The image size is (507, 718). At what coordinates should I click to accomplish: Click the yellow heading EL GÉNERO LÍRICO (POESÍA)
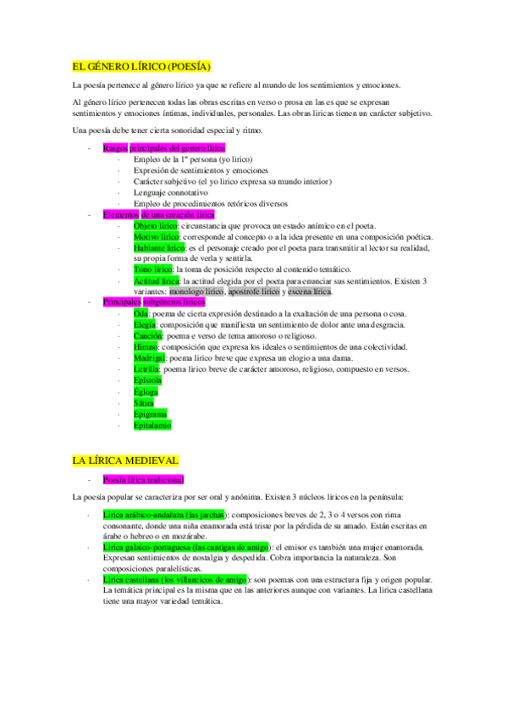(x=141, y=66)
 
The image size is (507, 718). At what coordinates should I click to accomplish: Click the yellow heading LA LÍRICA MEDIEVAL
(x=125, y=461)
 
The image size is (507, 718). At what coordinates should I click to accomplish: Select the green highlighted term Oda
(x=141, y=314)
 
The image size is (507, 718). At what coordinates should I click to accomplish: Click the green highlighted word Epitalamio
(x=152, y=425)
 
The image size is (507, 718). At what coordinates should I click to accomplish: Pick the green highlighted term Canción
(x=148, y=336)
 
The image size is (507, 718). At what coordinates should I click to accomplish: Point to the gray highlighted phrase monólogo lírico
(x=196, y=291)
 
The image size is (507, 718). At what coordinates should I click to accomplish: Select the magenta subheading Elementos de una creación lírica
(x=159, y=215)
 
